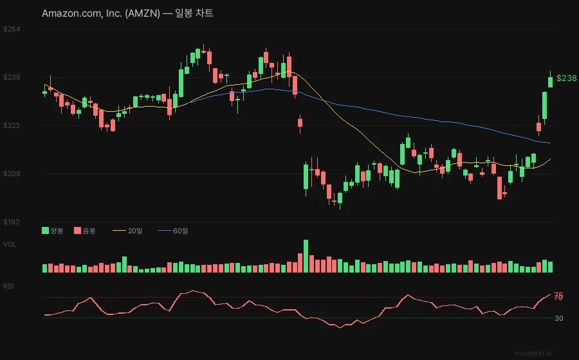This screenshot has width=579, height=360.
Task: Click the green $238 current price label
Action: point(566,78)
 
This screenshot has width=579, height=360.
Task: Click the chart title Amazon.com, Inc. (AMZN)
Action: point(100,14)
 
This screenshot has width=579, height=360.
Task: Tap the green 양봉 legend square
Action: point(45,230)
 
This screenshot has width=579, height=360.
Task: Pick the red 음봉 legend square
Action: point(77,230)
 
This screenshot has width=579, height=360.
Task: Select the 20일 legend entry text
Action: point(136,231)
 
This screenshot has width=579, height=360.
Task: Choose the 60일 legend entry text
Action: point(181,231)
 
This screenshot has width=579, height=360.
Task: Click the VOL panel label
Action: point(10,244)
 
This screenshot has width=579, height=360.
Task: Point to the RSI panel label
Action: point(9,286)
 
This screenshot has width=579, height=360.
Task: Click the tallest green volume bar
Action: point(306,256)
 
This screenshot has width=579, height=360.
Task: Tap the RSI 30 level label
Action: point(559,318)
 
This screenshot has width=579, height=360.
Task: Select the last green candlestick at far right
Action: point(550,82)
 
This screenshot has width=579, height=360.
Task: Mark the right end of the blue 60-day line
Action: point(550,143)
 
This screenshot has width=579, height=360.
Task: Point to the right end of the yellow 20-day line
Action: point(550,159)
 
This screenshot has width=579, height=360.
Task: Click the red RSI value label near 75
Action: point(558,296)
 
